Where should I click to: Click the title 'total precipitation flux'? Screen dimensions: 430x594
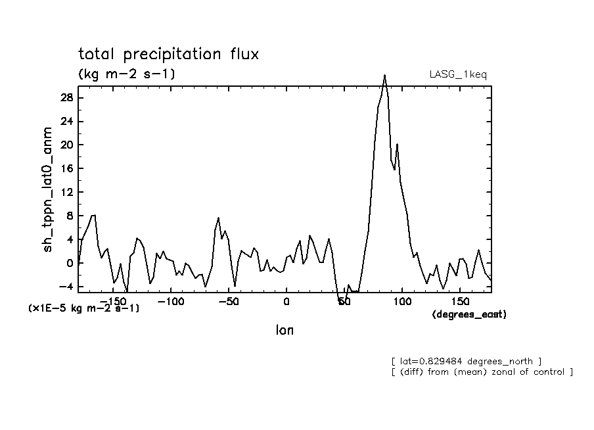168,54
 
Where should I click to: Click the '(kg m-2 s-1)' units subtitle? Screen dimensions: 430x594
127,74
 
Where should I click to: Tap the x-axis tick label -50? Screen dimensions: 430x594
227,301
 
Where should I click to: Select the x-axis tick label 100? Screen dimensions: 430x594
402,301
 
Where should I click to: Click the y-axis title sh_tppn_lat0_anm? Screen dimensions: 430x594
49,191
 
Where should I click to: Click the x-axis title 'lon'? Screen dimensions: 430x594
285,331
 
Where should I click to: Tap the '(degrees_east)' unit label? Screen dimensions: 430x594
469,315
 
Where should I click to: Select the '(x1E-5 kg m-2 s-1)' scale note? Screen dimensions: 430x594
83,308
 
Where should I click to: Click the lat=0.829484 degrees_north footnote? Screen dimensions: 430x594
465,361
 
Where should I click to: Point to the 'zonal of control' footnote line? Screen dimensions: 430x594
482,372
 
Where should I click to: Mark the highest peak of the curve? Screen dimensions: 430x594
384,76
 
